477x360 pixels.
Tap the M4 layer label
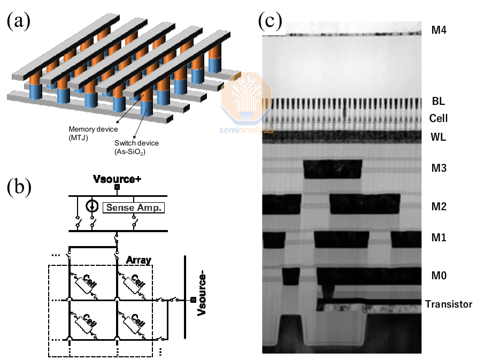438,30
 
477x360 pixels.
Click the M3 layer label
438,168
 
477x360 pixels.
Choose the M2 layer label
438,206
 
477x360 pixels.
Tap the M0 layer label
438,276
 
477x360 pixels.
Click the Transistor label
449,304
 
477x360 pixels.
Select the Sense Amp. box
134,207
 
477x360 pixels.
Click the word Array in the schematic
139,260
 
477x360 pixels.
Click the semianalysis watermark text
247,130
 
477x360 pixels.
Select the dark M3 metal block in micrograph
333,170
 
